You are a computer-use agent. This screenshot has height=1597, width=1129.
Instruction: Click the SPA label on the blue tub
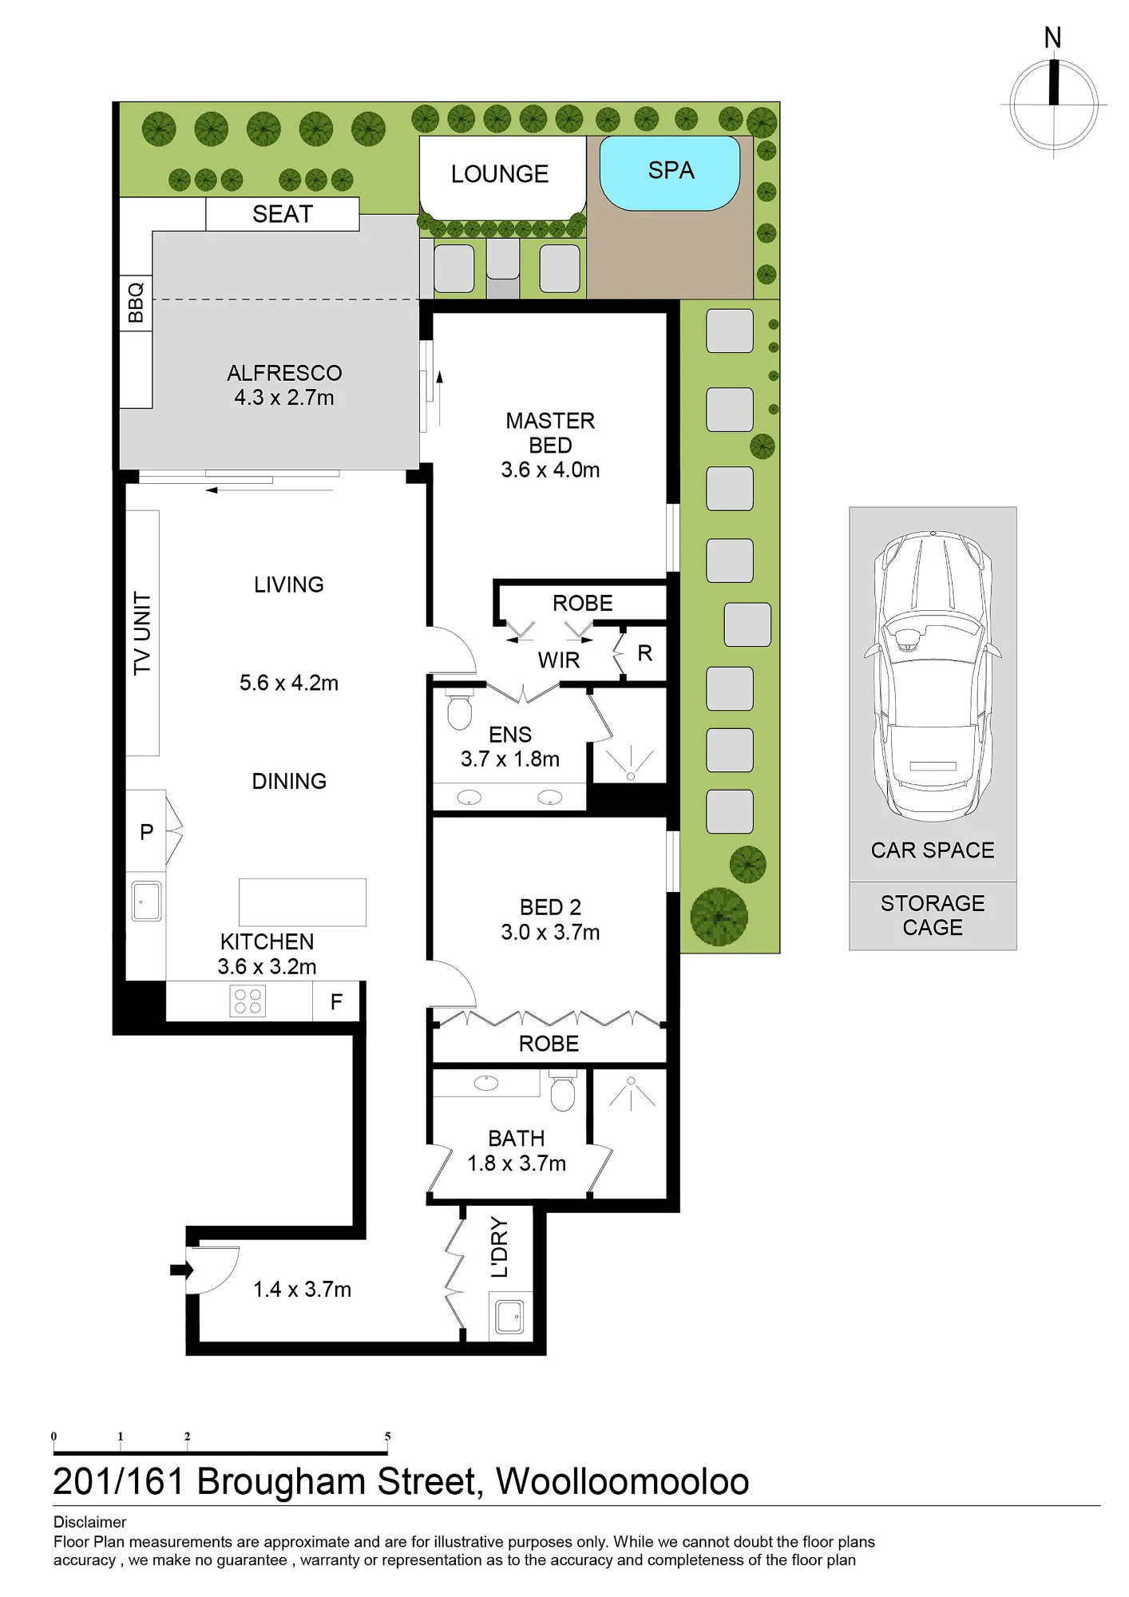pos(671,171)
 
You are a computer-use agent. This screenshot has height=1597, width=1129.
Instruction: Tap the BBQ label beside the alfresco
pos(136,302)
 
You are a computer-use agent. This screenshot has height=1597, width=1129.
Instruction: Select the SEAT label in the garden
pos(282,214)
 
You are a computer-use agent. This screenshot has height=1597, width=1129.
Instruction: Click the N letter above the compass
pos(1052,38)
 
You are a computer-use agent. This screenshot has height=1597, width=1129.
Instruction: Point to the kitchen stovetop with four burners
pos(247,1001)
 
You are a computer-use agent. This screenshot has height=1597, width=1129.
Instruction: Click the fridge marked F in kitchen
pos(336,1001)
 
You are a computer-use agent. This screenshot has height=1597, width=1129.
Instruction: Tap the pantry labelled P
pos(147,831)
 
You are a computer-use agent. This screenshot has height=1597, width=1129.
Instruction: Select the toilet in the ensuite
pos(459,711)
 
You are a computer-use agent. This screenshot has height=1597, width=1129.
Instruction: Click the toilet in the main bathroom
pos(563,1091)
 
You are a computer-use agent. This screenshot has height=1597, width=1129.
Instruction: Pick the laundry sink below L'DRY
pos(510,1317)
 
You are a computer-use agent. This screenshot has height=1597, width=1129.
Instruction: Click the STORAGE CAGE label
pos(933,915)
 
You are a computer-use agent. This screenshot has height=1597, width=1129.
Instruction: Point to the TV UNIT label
pos(141,633)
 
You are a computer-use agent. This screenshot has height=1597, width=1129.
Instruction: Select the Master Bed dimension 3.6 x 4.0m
pos(550,470)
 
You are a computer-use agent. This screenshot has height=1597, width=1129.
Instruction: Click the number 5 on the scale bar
pos(388,1437)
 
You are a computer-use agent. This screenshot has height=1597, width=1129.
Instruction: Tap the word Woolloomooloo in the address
pos(623,1482)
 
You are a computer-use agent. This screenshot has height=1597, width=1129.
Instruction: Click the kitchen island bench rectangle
pos(303,902)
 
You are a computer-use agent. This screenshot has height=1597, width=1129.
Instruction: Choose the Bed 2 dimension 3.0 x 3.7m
pos(550,932)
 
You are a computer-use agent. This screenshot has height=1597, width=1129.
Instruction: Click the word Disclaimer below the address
pos(89,1522)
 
